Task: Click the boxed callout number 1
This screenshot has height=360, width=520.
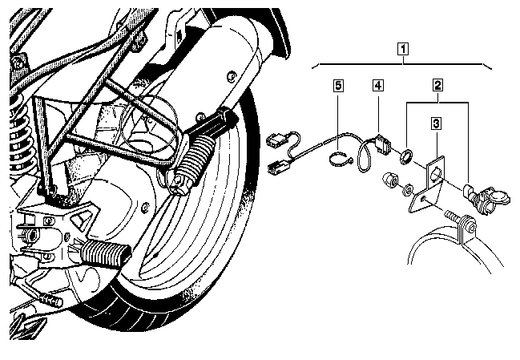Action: pos(403,49)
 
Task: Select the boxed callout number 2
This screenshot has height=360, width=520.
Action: pos(437,85)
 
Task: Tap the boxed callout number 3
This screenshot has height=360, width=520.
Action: pos(436,123)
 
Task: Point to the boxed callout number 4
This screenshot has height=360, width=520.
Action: pos(377,85)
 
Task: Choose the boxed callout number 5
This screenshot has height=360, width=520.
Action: pos(338,85)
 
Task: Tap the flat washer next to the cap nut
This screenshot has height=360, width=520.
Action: pos(407,189)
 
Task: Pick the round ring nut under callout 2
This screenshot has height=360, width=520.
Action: pos(406,156)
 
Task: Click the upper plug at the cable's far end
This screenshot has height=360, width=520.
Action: pos(277,139)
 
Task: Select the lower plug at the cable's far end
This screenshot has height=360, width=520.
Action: pos(279,167)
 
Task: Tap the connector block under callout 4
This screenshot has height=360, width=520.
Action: pos(382,144)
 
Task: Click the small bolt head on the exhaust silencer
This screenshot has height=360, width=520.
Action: pos(232,77)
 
